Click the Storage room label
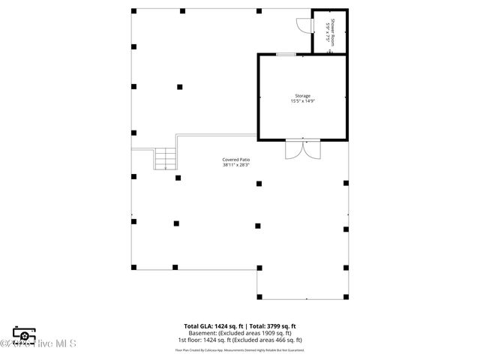302,96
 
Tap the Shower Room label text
333,29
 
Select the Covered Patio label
235,160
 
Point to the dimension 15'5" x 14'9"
302,102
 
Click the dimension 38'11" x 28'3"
235,166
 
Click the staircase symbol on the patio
165,158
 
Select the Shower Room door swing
301,25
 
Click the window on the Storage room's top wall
285,54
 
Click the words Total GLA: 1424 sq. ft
211,326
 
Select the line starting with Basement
240,333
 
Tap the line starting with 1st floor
240,340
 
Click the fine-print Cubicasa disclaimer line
240,349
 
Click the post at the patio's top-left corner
133,11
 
